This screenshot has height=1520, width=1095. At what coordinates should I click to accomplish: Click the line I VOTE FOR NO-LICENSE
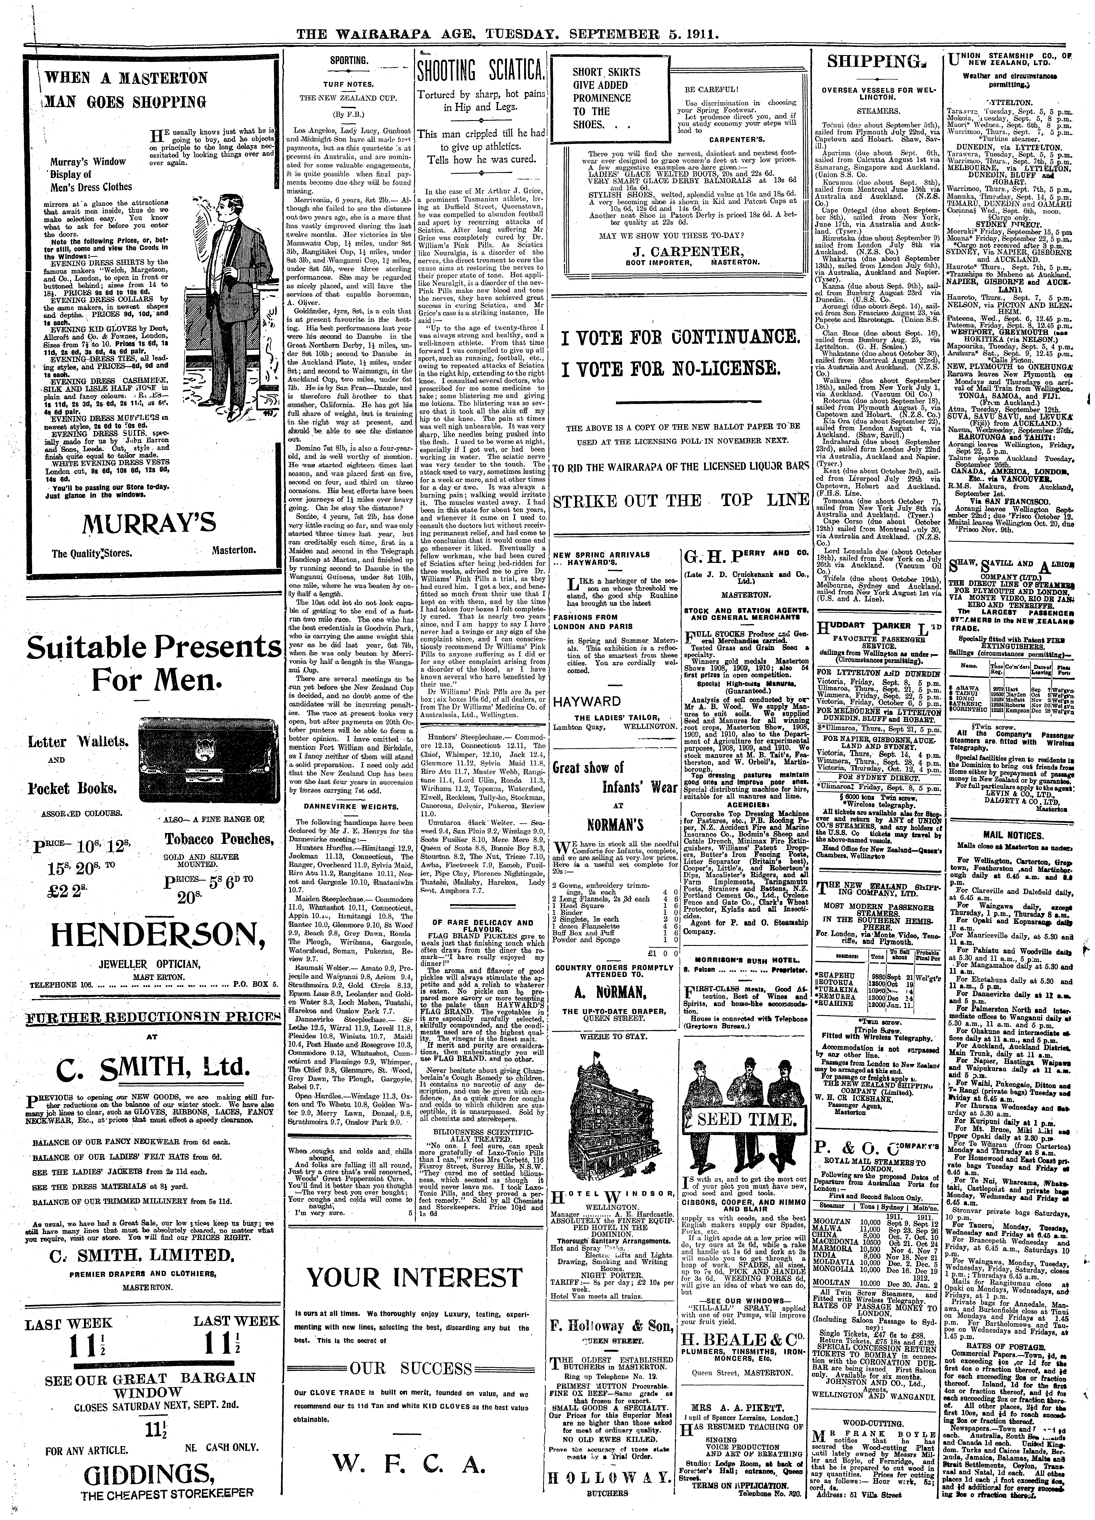tap(671, 369)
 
